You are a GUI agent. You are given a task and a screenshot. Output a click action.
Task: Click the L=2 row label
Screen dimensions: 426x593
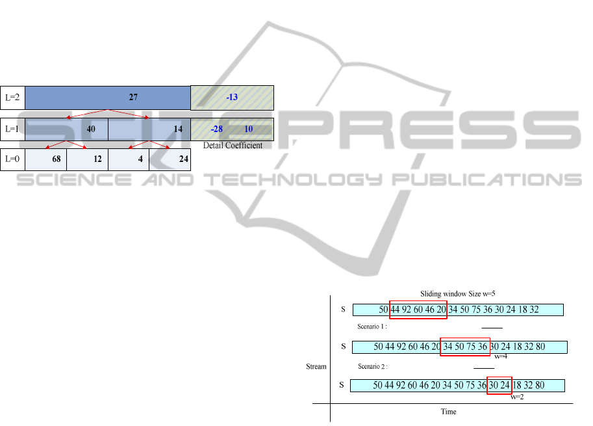click(12, 98)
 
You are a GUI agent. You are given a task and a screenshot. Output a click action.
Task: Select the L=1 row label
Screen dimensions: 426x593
click(12, 129)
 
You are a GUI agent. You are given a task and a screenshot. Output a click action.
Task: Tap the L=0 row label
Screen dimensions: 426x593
click(12, 159)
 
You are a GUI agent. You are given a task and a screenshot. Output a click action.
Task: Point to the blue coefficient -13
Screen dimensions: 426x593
click(232, 98)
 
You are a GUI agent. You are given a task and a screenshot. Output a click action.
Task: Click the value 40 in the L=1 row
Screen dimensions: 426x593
click(91, 129)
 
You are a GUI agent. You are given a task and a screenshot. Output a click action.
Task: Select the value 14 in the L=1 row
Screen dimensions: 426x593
click(177, 129)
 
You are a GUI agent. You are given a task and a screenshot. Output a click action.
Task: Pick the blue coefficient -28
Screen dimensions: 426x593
click(216, 129)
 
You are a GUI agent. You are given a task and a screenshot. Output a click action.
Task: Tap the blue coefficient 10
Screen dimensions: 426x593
click(248, 129)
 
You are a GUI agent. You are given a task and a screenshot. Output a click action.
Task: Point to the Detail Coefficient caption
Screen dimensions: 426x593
click(233, 146)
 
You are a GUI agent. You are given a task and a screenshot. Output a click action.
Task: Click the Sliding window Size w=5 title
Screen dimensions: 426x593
click(457, 294)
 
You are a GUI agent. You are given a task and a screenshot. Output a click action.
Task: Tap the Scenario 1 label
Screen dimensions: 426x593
click(372, 326)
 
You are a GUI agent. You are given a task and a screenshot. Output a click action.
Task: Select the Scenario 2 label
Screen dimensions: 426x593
click(372, 366)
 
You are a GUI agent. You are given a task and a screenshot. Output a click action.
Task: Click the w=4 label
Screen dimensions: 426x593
click(501, 356)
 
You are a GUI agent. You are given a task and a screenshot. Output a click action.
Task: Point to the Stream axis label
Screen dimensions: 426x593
click(316, 367)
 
